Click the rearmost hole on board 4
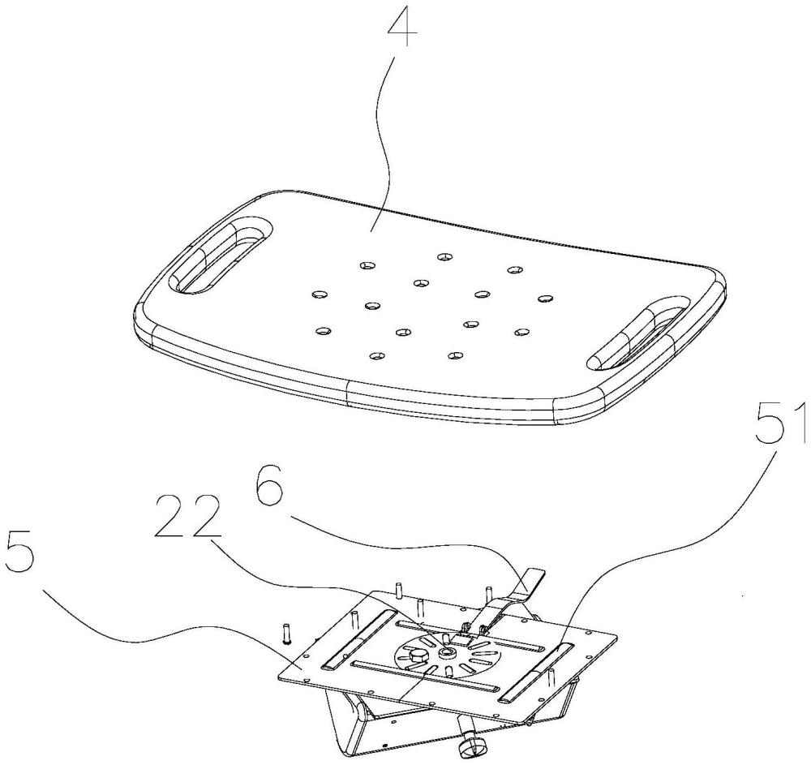click(x=443, y=257)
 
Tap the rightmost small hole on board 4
click(x=544, y=299)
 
